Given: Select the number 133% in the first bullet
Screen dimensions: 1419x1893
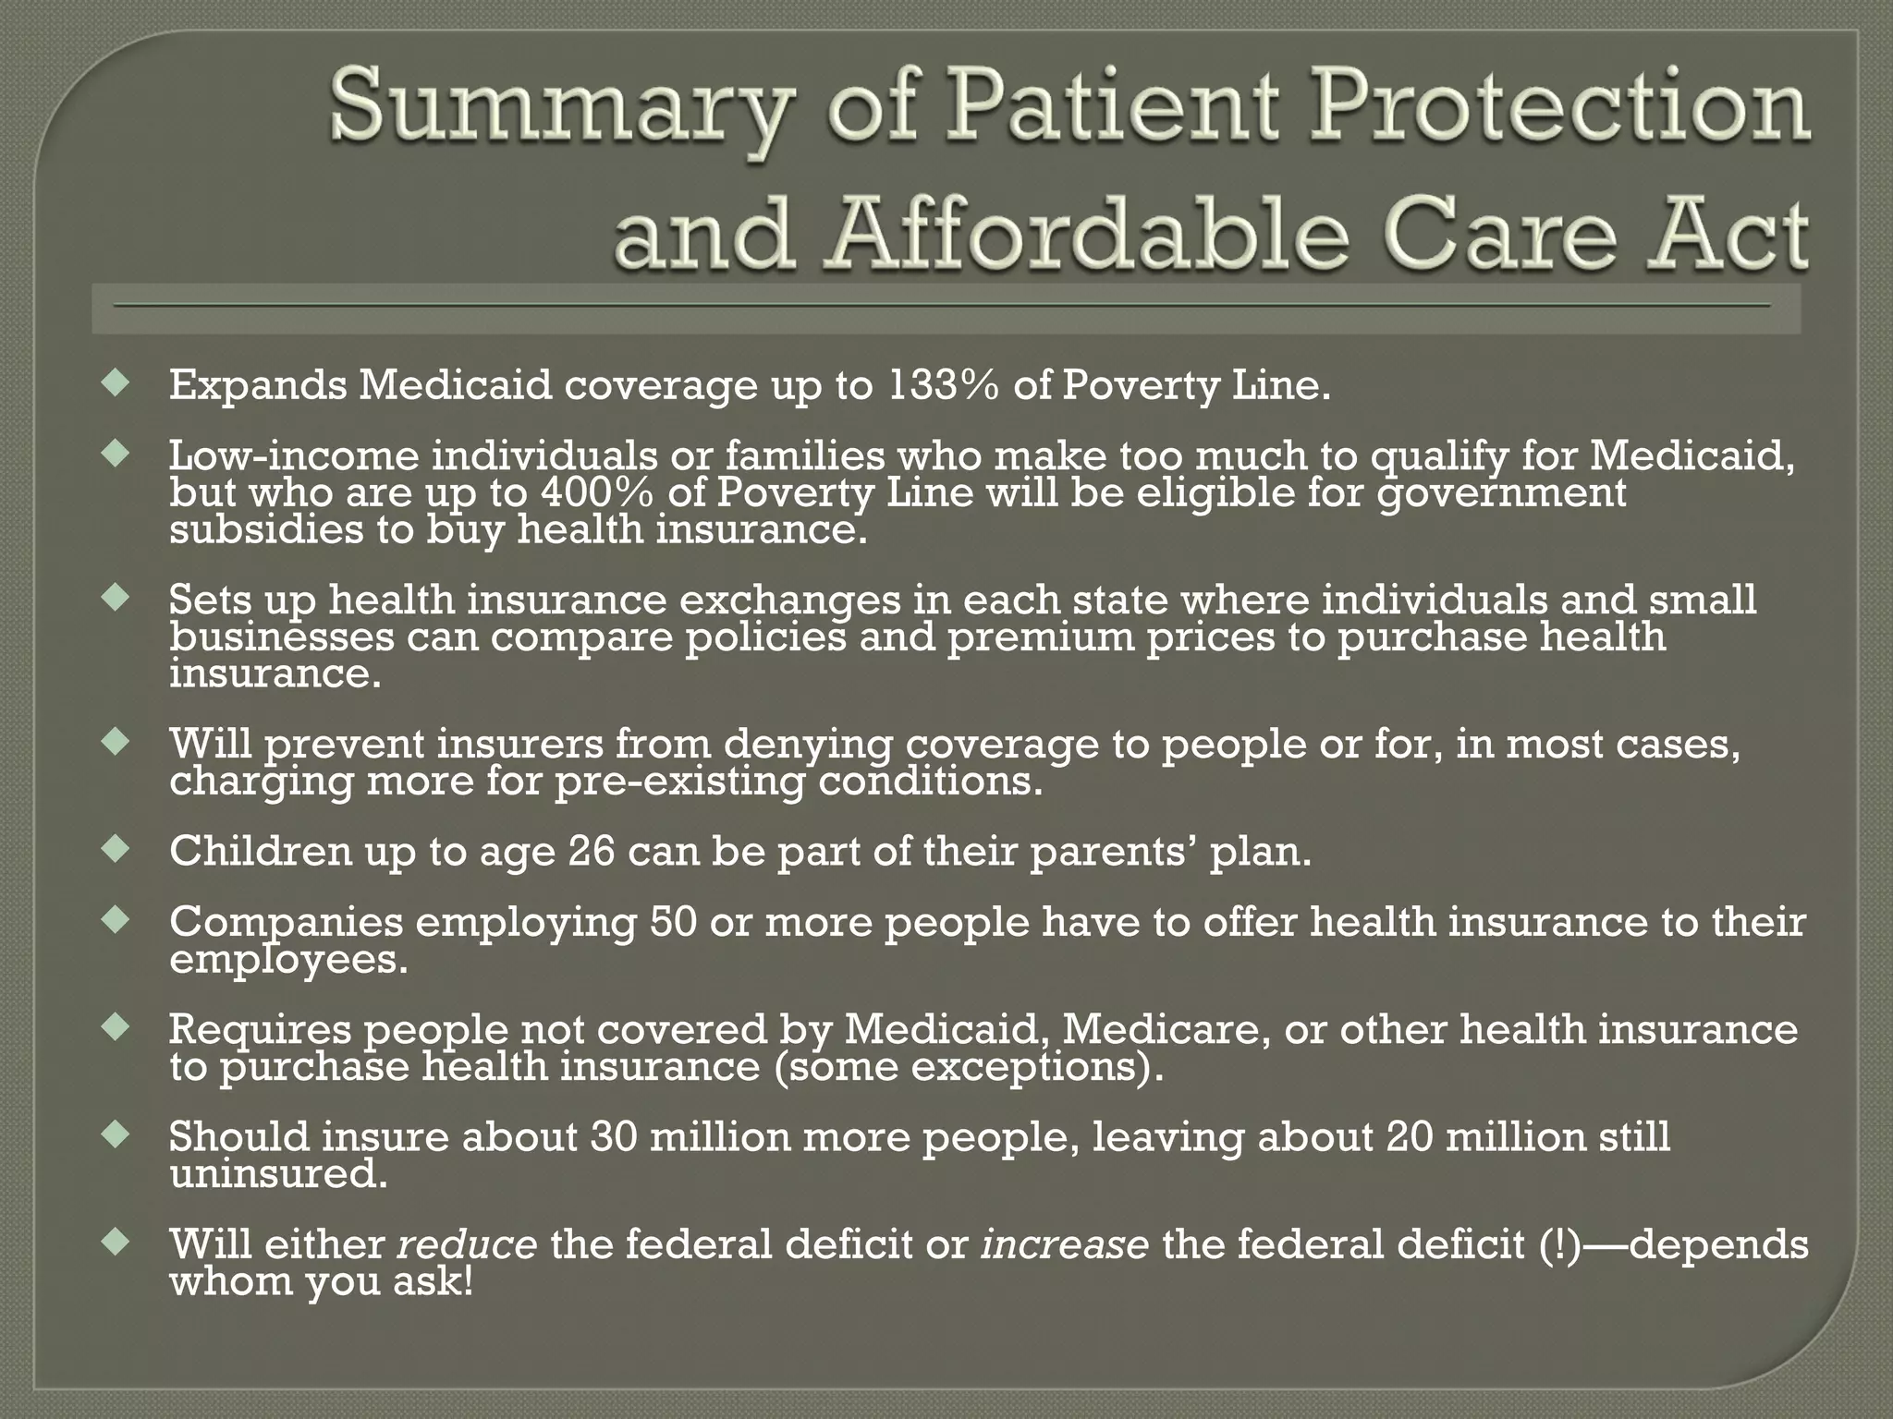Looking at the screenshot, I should [x=943, y=385].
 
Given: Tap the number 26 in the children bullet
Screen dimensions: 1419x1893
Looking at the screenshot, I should [x=592, y=851].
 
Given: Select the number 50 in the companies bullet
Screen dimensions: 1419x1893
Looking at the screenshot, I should [x=673, y=921].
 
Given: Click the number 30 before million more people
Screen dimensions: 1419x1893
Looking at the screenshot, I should [x=614, y=1136].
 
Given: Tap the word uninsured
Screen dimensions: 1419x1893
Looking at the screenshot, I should [x=277, y=1174].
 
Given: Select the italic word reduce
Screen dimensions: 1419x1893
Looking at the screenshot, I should [x=467, y=1244].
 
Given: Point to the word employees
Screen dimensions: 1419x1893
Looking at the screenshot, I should [x=287, y=960].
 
